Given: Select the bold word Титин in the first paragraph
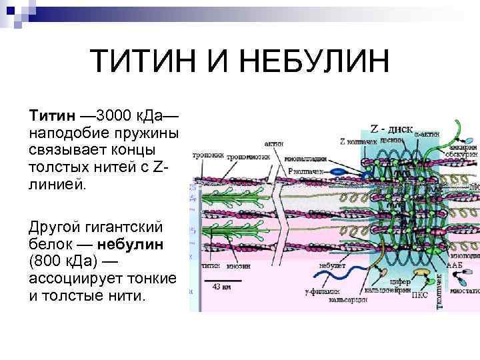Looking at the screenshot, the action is click(50, 117).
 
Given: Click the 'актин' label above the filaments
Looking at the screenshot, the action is click(274, 143).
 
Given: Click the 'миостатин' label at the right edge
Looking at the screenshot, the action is click(465, 291).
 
